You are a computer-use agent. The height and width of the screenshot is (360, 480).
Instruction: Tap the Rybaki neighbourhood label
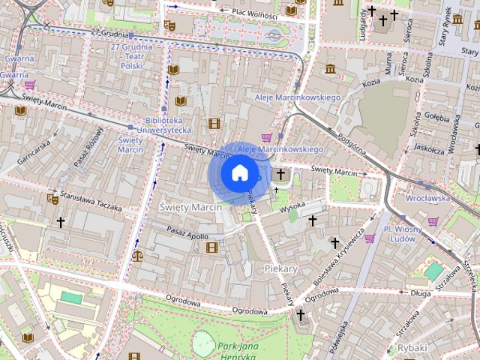[x=412, y=347]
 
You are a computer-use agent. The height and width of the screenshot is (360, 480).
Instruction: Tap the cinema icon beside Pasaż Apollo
[x=212, y=247]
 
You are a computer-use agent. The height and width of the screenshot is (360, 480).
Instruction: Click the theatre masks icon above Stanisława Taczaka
[x=52, y=199]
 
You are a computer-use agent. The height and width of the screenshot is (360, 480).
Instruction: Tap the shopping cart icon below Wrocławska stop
[x=433, y=221]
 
